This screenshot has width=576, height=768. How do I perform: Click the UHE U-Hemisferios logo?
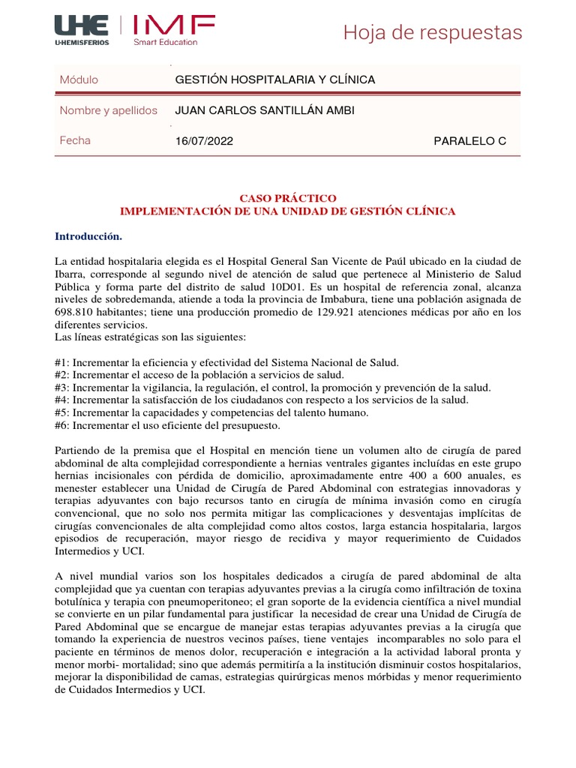[82, 30]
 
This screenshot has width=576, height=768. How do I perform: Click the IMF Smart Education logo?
[174, 30]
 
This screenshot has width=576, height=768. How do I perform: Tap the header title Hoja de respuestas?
[432, 33]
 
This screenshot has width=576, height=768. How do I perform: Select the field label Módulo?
[79, 79]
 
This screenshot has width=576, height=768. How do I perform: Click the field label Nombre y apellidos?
[108, 110]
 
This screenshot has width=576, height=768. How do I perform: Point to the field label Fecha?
[75, 140]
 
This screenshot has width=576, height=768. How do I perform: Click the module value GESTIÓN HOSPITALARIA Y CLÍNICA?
[274, 79]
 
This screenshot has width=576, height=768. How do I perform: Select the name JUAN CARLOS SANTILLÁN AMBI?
[264, 110]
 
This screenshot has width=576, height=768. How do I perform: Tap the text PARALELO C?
[470, 141]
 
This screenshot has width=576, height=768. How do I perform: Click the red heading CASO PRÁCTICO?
[288, 198]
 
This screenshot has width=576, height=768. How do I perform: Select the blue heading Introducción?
[88, 236]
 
